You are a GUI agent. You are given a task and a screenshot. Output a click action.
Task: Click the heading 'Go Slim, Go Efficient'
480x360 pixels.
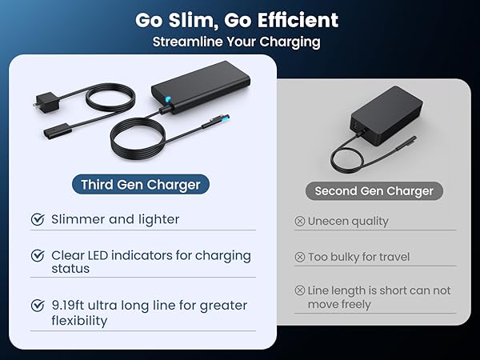pos(236,19)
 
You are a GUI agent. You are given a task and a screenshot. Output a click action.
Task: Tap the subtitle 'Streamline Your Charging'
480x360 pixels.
pos(236,42)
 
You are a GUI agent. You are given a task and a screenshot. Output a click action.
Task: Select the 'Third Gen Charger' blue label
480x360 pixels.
pos(141,185)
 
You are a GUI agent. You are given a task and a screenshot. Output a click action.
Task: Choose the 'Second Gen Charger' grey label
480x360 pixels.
pos(374,191)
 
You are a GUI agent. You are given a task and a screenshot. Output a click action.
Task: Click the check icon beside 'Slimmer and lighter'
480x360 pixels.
pos(37,219)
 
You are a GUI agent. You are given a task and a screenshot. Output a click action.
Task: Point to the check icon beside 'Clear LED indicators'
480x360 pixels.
pos(37,256)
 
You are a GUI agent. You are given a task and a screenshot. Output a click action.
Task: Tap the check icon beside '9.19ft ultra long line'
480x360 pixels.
pos(37,306)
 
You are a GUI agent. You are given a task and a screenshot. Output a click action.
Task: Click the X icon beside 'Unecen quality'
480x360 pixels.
pos(300,221)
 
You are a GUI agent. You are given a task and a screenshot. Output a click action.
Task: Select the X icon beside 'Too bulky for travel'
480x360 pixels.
pos(300,257)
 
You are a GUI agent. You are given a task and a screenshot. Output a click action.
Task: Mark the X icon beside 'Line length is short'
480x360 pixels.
pos(300,290)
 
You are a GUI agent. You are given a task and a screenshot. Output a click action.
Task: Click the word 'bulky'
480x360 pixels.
pos(348,257)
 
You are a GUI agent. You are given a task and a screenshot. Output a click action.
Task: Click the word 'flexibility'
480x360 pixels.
pos(78,321)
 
